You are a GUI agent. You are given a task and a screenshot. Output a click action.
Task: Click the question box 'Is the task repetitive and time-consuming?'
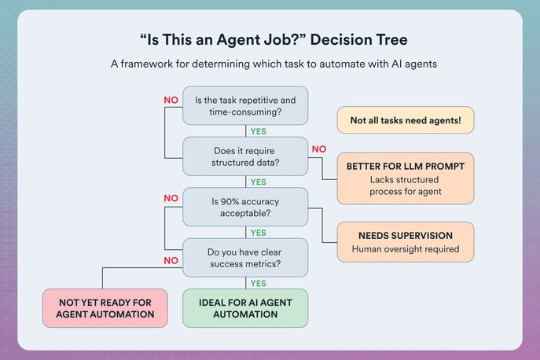point(244,106)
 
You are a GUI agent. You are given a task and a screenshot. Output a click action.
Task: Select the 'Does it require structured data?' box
point(244,156)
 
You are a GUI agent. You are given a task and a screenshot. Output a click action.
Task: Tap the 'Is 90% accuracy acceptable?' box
point(244,207)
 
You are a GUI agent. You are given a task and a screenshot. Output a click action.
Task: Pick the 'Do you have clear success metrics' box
point(244,258)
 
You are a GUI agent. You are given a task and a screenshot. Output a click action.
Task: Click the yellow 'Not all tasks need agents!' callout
point(406,119)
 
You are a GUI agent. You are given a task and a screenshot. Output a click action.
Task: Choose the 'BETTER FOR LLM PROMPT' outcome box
point(406,178)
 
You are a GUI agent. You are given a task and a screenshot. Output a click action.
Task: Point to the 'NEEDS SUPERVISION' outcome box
point(406,242)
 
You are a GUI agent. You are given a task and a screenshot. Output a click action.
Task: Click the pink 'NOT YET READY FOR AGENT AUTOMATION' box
point(105,308)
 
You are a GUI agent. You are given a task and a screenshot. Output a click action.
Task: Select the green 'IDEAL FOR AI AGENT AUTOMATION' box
point(244,308)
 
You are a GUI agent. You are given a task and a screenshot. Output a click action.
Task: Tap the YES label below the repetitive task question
point(259,131)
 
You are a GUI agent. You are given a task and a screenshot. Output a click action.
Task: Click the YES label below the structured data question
point(259,182)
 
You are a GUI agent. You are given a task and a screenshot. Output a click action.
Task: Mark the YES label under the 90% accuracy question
point(259,233)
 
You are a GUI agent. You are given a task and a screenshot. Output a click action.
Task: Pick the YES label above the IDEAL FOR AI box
point(259,283)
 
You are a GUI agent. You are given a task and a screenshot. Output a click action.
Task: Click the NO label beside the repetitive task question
point(171,100)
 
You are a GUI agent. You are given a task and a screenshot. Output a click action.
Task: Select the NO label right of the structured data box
point(319,149)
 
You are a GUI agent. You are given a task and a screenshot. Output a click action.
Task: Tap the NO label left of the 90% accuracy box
point(171,199)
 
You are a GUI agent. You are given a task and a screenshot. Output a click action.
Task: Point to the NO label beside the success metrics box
point(171,259)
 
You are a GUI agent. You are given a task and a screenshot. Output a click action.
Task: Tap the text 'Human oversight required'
point(406,250)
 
